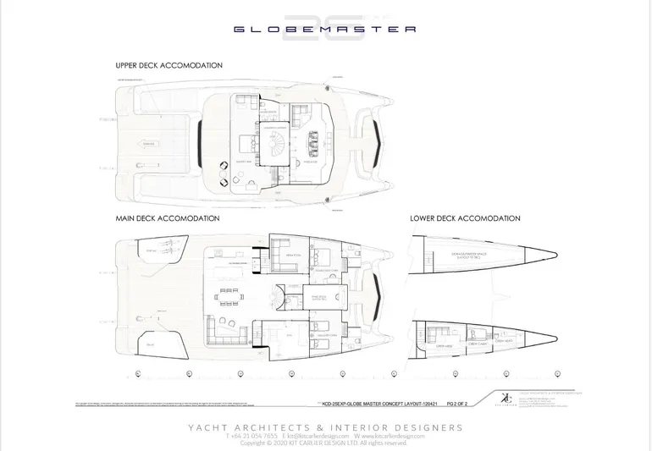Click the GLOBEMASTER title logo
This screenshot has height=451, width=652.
(325, 29)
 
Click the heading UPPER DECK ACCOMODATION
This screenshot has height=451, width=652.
(169, 65)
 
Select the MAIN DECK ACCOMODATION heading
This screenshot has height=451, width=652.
(168, 218)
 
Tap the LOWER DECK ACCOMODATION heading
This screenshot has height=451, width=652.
(465, 218)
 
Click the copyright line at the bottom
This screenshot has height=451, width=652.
(325, 443)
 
